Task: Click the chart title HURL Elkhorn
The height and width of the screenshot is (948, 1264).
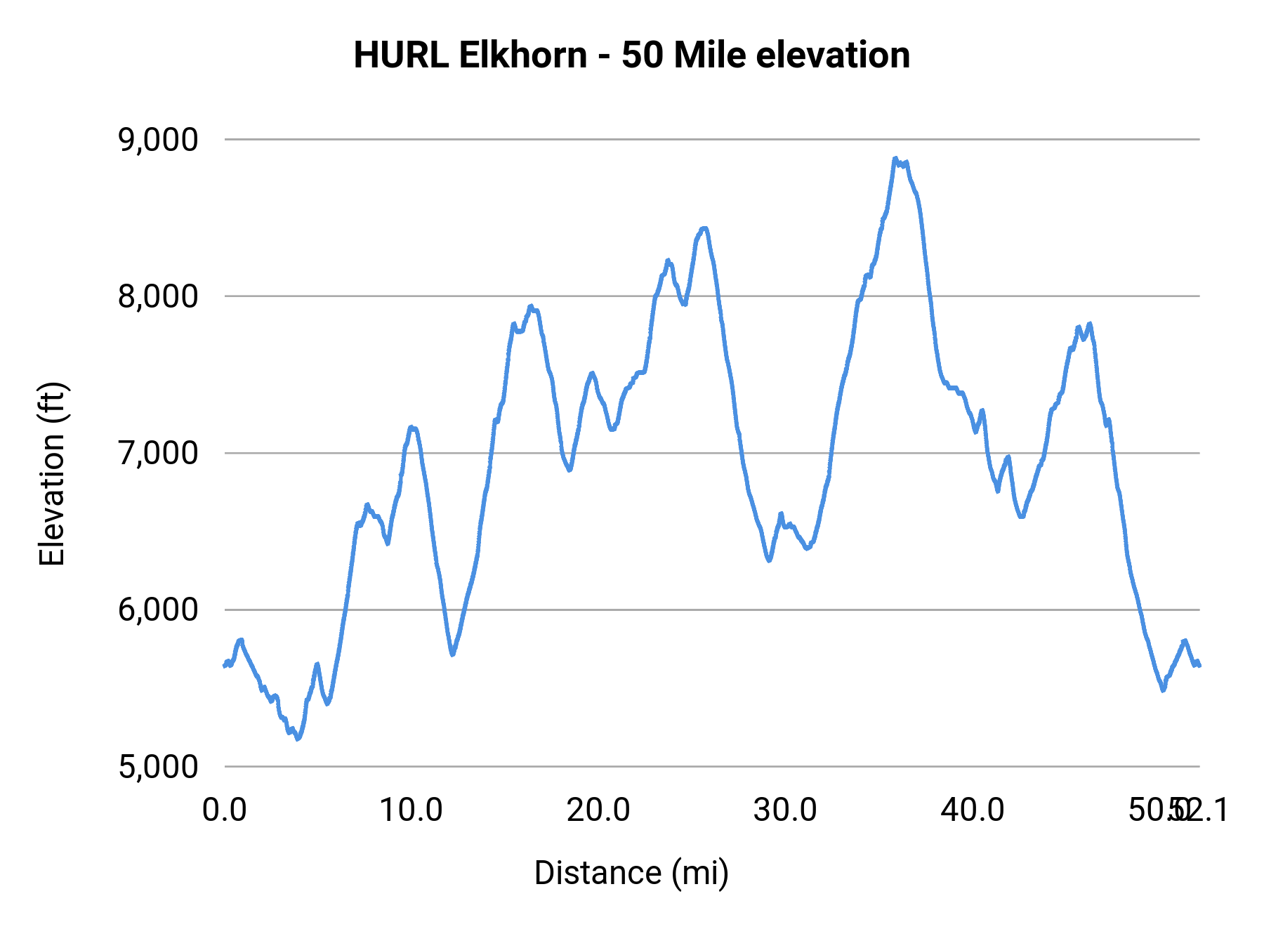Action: click(470, 55)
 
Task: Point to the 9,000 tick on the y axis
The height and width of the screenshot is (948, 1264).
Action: click(159, 140)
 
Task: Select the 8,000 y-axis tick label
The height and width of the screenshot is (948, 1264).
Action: click(159, 296)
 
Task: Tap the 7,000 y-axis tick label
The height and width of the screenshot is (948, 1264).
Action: click(159, 453)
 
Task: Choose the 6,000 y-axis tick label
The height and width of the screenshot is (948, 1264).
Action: click(159, 610)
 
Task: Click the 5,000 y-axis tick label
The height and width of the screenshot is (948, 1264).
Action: click(159, 766)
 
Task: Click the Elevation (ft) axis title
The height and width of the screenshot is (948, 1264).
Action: click(52, 474)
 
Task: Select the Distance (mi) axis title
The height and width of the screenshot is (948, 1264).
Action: click(631, 873)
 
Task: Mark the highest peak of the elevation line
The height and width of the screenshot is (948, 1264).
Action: click(895, 159)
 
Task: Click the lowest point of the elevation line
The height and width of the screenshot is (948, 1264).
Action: click(298, 739)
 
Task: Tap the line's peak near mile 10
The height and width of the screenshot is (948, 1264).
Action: click(412, 427)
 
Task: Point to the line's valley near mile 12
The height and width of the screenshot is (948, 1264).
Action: click(453, 654)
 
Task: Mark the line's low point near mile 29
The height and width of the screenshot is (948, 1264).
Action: click(770, 560)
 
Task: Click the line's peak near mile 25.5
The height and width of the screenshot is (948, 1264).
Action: click(704, 228)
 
